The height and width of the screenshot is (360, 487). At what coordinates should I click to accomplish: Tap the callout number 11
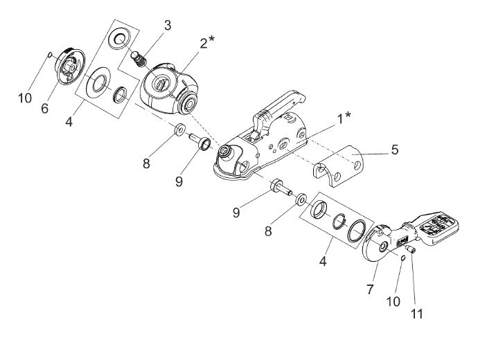[x=416, y=314]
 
